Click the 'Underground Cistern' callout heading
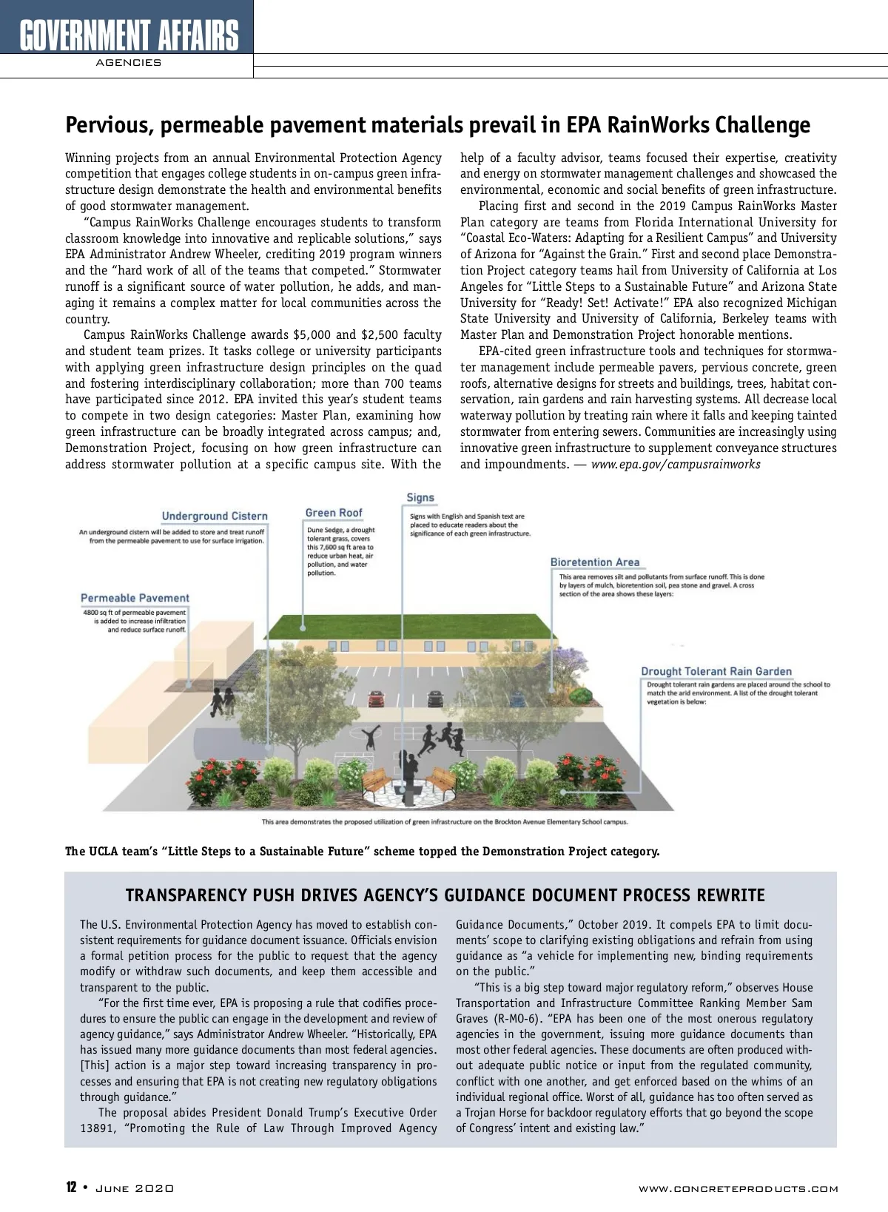(215, 516)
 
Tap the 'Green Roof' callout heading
(334, 513)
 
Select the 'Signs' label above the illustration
(420, 498)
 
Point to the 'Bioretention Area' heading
(594, 562)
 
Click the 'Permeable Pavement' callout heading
(135, 598)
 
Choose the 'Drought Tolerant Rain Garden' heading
(716, 672)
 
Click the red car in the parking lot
(377, 698)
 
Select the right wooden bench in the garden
(442, 781)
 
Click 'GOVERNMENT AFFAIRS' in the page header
(129, 35)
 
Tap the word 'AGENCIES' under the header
(128, 63)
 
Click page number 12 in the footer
(71, 1188)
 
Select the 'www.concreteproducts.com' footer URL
(738, 1189)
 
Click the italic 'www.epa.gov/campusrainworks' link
(675, 464)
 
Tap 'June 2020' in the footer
(135, 1188)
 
